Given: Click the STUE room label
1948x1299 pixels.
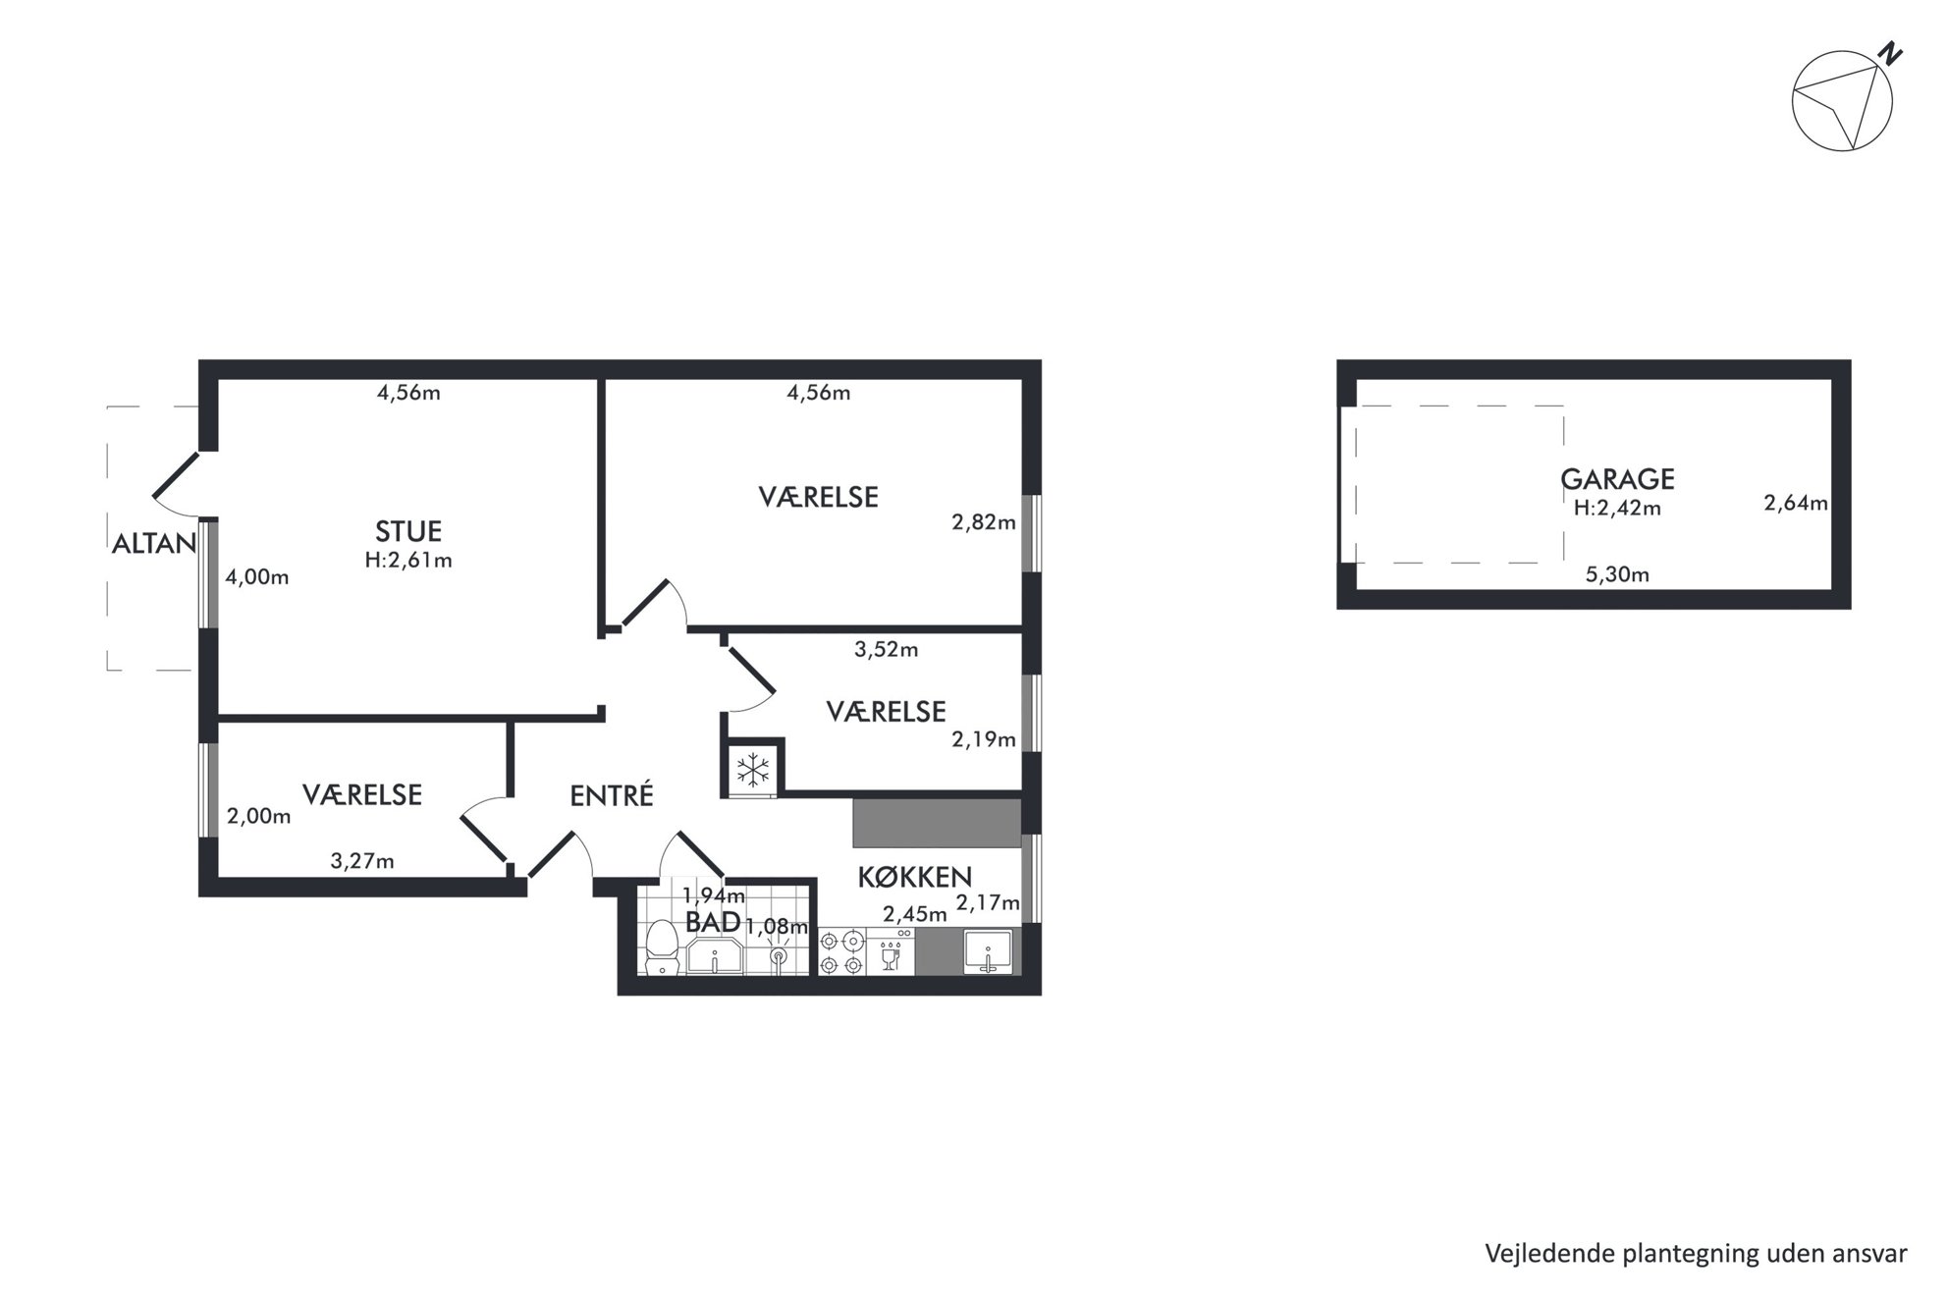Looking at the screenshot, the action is pos(408,531).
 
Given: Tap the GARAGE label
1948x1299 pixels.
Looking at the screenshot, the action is pos(1617,479).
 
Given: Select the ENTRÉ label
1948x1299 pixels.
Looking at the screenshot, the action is pos(612,795).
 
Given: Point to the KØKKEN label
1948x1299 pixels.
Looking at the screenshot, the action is pos(915,877).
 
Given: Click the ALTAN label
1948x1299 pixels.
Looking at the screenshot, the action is pos(154,544).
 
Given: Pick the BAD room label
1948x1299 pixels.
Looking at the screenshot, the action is pos(713,922).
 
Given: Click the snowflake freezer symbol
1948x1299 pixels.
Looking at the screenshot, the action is pos(753,769).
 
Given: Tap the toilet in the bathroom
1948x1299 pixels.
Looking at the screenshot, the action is pos(663,947).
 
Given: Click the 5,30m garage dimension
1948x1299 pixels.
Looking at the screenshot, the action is pos(1617,575).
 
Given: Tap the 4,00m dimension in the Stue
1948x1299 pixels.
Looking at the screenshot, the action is pos(257,577).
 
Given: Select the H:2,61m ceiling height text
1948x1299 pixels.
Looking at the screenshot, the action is pos(408,562).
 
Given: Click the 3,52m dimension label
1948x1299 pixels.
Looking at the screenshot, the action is pos(886,650).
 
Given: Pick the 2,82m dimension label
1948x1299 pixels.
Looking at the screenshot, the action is pos(983,523).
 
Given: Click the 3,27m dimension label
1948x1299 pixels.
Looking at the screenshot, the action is pos(362,862).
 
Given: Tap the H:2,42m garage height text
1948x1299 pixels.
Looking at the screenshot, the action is pos(1617,509).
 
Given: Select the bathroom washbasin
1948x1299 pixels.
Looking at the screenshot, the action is pos(715,955).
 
